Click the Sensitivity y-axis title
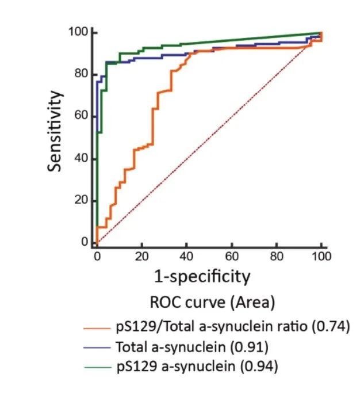coord(55,131)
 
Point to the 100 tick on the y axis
coord(77,32)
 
